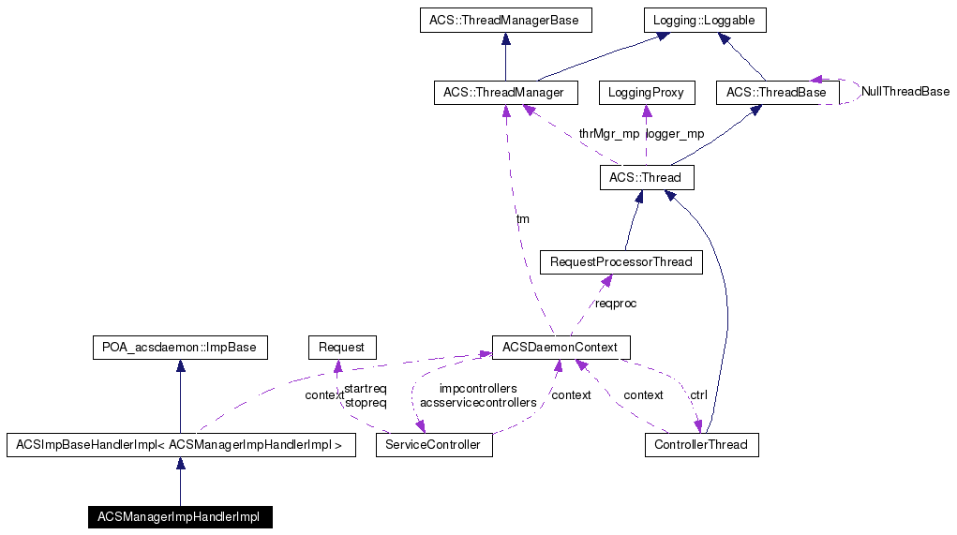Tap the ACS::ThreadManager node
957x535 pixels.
(505, 93)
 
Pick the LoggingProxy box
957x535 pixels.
(646, 93)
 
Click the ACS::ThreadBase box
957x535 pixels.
(776, 93)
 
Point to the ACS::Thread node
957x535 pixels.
(646, 177)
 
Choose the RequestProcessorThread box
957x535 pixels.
(621, 262)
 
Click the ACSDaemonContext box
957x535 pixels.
(561, 348)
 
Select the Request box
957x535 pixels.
(341, 348)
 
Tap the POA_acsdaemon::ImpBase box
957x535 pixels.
(179, 348)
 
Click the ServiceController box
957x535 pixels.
(434, 445)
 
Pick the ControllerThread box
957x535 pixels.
(701, 445)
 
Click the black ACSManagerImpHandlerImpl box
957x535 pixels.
(179, 517)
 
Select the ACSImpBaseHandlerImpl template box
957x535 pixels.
(180, 445)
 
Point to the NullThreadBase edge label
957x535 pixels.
(905, 92)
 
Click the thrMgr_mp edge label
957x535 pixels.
(608, 134)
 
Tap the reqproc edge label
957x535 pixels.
(616, 304)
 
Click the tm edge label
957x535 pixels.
(522, 219)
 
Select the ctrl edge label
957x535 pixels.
(698, 395)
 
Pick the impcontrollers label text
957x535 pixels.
(478, 388)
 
